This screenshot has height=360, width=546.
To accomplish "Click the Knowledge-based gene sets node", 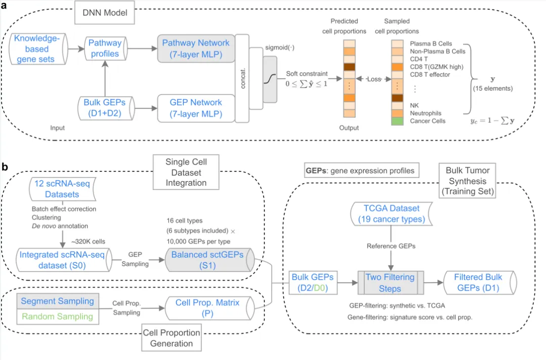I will tap(38, 49).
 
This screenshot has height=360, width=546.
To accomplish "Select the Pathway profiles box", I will tap(104, 49).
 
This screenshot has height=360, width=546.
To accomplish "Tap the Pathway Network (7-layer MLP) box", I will tap(195, 49).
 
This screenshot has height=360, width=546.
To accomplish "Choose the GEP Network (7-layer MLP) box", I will tap(195, 108).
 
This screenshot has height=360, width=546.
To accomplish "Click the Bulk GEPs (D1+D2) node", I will tap(104, 108).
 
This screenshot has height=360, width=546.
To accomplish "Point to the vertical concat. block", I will tap(243, 78).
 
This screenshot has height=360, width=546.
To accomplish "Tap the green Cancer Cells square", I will tap(397, 121).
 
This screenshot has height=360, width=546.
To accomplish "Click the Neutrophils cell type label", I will tap(426, 114).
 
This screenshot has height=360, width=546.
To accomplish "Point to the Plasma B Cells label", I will tap(431, 44).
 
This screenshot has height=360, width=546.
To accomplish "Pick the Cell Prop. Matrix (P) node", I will tap(207, 308).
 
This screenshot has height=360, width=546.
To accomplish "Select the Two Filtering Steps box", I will tap(389, 283).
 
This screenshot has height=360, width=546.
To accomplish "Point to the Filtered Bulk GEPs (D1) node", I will tap(478, 283).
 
